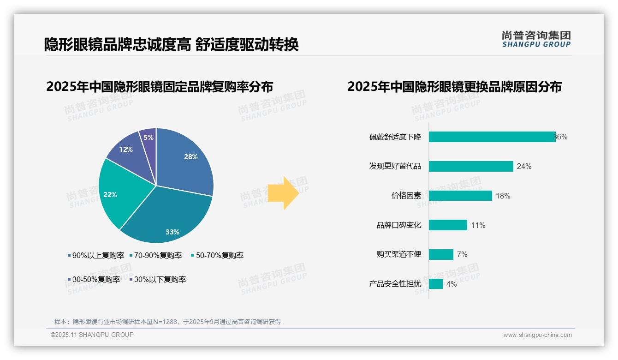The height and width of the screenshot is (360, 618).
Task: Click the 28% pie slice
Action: (x=187, y=159)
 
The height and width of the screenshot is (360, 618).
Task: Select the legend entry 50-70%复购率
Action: (x=217, y=256)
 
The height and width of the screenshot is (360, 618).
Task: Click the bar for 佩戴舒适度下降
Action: (x=492, y=137)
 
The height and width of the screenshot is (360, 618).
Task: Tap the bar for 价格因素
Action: (x=460, y=196)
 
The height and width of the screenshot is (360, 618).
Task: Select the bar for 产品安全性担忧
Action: (x=435, y=284)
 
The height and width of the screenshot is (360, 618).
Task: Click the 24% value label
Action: (x=524, y=167)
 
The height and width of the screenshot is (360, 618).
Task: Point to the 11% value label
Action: (x=478, y=226)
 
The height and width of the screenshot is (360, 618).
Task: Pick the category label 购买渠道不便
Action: (x=398, y=254)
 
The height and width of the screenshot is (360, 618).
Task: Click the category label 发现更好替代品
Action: (x=395, y=166)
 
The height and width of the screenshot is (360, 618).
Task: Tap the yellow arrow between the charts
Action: (x=283, y=193)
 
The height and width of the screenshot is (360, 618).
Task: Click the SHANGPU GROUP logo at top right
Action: (x=536, y=39)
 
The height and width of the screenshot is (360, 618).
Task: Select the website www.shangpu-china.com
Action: (x=537, y=335)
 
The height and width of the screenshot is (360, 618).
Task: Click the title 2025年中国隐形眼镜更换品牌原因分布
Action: (x=454, y=87)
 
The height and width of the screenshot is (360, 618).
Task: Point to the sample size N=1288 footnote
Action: (x=168, y=322)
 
